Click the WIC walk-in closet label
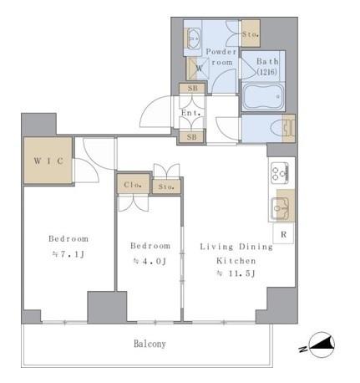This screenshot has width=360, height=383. tap(48, 161)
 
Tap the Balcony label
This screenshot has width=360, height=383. tap(150, 344)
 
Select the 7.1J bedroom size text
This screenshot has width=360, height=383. tap(68, 254)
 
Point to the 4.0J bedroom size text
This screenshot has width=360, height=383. tap(150, 261)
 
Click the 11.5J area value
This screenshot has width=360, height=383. tap(236, 273)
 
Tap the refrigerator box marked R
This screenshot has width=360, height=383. tap(283, 233)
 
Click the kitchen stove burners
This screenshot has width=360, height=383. tap(280, 173)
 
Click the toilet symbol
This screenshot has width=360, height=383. tap(281, 129)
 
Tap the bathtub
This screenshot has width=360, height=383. tap(263, 97)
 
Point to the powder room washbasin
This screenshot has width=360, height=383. tap(193, 38)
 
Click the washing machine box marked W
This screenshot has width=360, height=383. tap(197, 69)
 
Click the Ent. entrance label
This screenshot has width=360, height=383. tap(191, 113)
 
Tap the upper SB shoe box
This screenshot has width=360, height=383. tap(192, 89)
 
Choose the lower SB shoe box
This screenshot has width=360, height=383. tap(191, 137)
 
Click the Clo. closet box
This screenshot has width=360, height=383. tap(134, 184)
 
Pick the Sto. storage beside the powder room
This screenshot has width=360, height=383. tap(251, 33)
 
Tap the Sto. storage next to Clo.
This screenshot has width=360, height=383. tap(166, 186)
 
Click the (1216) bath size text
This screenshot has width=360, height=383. tap(266, 72)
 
